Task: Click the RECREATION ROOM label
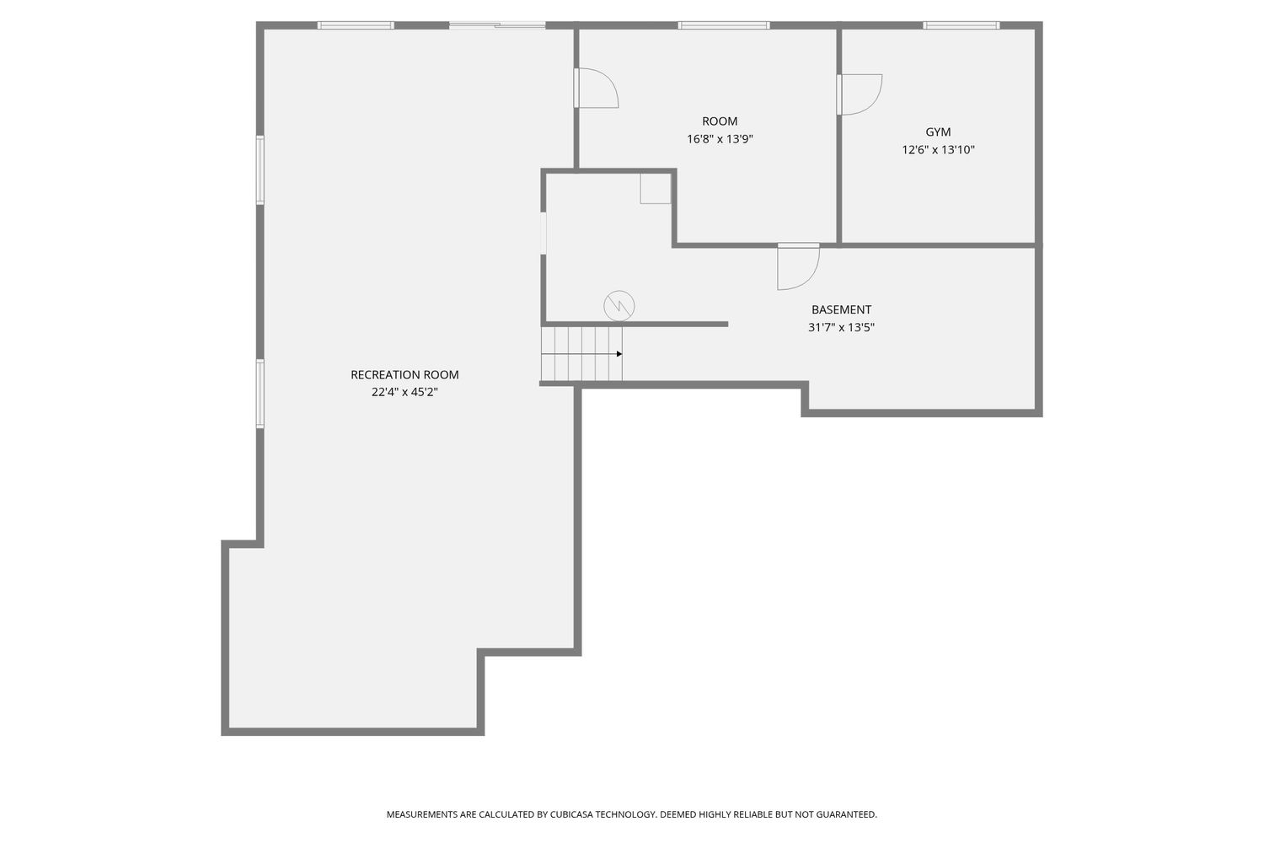[404, 374]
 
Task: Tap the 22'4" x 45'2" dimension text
[404, 392]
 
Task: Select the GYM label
[938, 132]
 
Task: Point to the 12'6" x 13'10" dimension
[938, 149]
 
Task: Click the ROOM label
[720, 121]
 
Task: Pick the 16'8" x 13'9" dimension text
[720, 139]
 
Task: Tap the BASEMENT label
[841, 309]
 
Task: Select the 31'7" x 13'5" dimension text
[841, 327]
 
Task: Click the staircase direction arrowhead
[619, 354]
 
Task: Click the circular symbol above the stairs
[619, 306]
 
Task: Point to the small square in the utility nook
[655, 189]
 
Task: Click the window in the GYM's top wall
[961, 25]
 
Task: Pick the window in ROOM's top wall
[723, 25]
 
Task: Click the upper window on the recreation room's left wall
[260, 169]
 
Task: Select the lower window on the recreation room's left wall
[260, 394]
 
